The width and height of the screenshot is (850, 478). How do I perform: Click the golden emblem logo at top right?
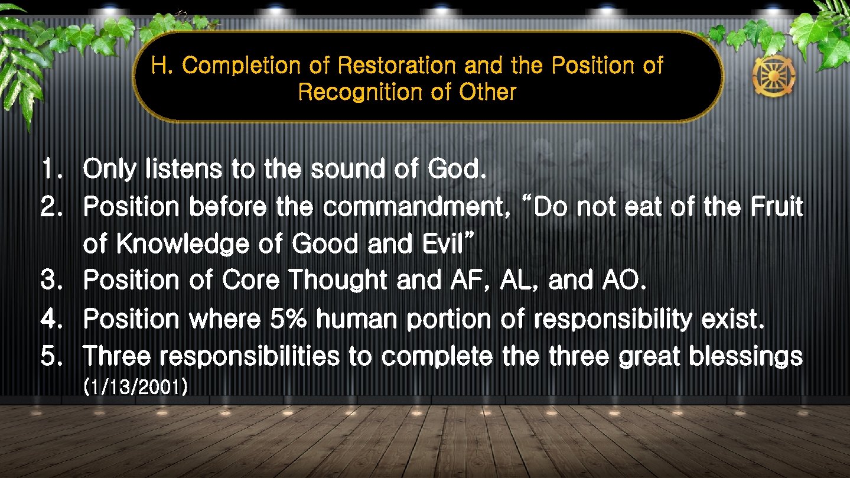[773, 77]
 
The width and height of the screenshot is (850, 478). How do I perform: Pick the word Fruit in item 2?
[777, 207]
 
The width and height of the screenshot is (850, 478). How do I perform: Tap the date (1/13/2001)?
[136, 388]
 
